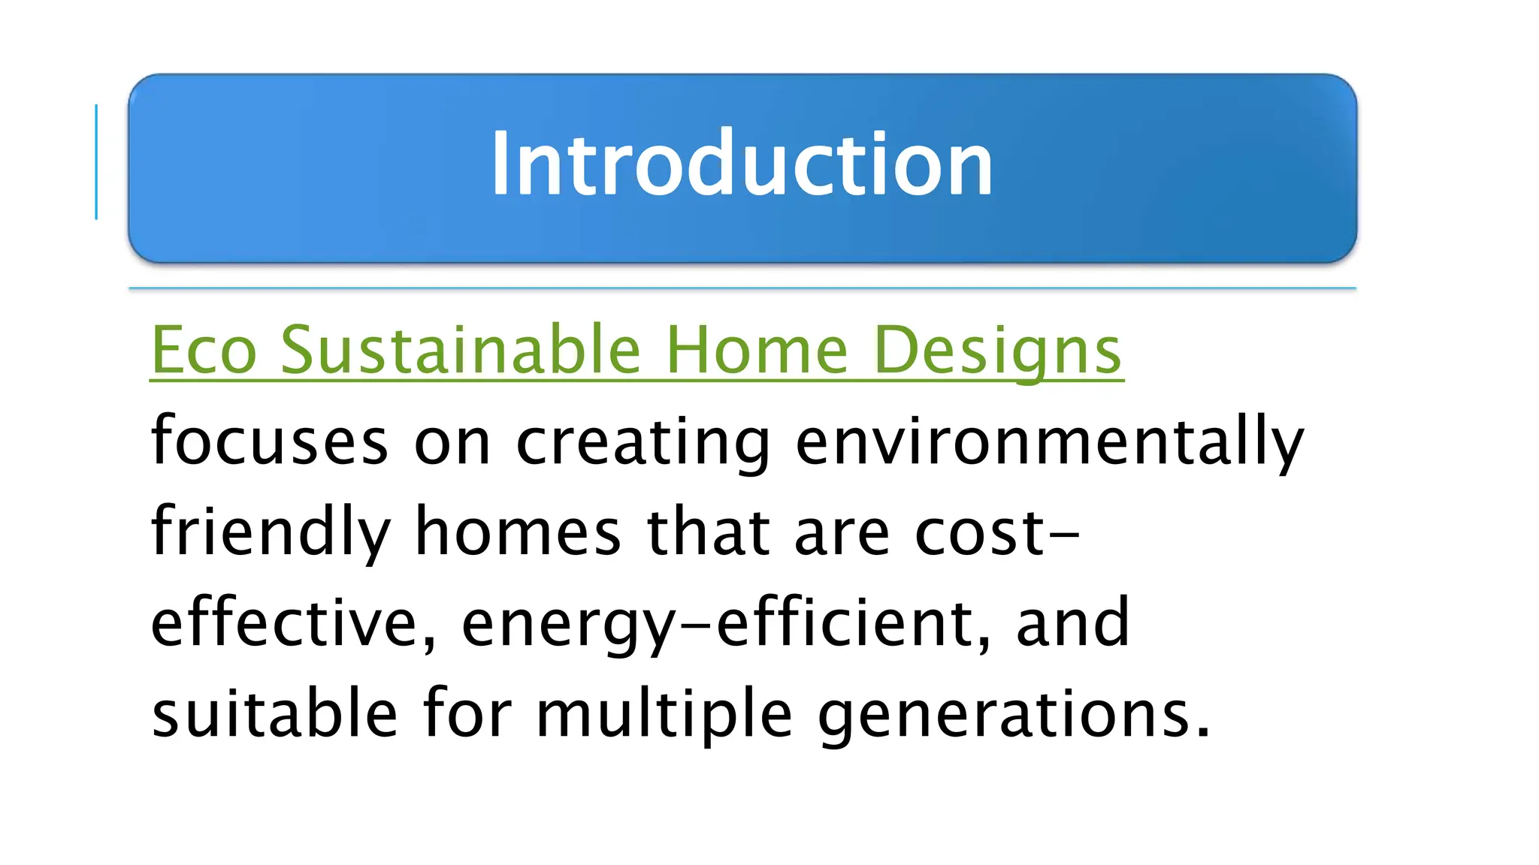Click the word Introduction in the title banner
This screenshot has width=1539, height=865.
pyautogui.click(x=742, y=164)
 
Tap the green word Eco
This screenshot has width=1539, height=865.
pyautogui.click(x=204, y=350)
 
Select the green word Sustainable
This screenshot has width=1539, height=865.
pyautogui.click(x=460, y=350)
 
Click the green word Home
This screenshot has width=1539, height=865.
pyautogui.click(x=757, y=350)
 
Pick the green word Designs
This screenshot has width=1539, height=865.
pyautogui.click(x=998, y=351)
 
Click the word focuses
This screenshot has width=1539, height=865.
pyautogui.click(x=269, y=442)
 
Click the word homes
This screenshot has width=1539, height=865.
pyautogui.click(x=518, y=532)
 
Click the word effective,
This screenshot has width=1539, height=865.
pyautogui.click(x=293, y=623)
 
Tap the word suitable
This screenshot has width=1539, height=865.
pyautogui.click(x=274, y=713)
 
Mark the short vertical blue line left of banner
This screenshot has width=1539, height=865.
pyautogui.click(x=96, y=162)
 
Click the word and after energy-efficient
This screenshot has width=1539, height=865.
pyautogui.click(x=1072, y=623)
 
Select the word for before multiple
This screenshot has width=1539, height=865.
pyautogui.click(x=467, y=713)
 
